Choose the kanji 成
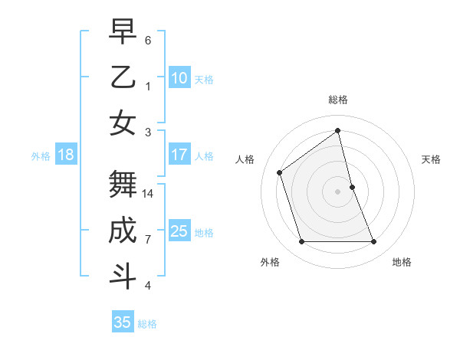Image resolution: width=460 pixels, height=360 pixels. point(123,231)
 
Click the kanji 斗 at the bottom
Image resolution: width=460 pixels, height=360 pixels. point(123,277)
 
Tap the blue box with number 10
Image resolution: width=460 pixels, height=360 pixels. point(179,78)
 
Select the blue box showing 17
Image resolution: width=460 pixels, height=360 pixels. point(179,155)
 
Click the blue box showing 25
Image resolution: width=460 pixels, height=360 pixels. point(179,231)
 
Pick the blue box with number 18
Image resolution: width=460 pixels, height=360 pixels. point(66,155)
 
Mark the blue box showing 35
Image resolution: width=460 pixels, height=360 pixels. point(123,322)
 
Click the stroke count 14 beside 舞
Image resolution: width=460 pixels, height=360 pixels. point(149,194)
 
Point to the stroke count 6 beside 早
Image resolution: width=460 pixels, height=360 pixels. point(148,40)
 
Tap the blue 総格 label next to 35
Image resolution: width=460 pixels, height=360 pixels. point(147,324)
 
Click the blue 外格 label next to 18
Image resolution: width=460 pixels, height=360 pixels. point(41,156)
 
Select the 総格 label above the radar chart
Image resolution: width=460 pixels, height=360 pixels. point(338,100)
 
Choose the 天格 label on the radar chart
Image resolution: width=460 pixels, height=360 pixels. point(431,159)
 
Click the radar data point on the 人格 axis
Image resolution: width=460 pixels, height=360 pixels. point(280,172)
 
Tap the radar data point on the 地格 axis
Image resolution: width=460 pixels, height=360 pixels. point(373,242)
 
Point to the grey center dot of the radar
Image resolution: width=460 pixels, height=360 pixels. point(338,191)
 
